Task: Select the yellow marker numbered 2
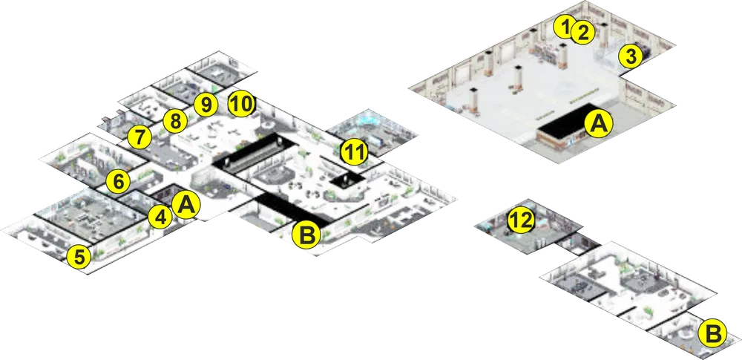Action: click(x=582, y=33)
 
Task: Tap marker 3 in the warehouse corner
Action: click(x=631, y=56)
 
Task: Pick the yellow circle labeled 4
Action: click(x=160, y=218)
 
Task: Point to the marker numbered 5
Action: click(x=79, y=258)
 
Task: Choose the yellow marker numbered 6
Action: click(x=118, y=181)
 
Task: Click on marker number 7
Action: click(x=139, y=137)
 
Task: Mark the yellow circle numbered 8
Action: click(x=175, y=121)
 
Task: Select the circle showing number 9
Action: click(x=206, y=105)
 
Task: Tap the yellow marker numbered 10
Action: click(x=241, y=105)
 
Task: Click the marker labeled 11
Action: click(x=355, y=152)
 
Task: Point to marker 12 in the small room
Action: click(x=521, y=220)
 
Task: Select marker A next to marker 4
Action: click(x=186, y=205)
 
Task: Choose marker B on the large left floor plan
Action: click(x=306, y=235)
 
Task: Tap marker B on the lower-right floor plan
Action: click(x=712, y=334)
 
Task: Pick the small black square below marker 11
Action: click(x=347, y=180)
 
